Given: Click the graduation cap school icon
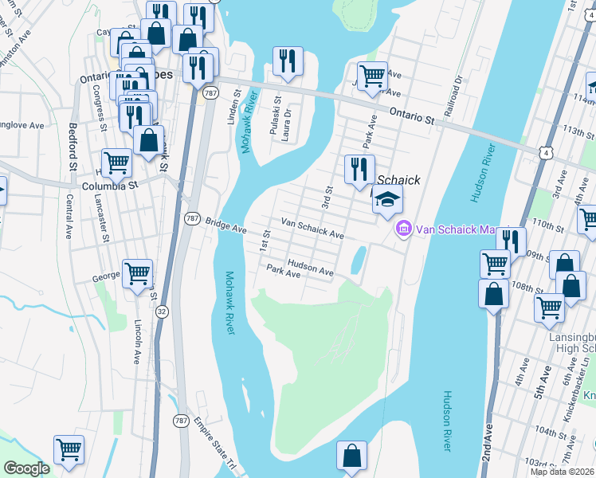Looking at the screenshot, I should tap(387, 201).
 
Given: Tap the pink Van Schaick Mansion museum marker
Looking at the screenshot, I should tap(403, 229).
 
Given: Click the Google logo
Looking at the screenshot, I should tap(26, 468).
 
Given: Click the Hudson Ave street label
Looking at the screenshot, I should tap(310, 271).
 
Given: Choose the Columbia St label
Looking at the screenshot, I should tap(110, 184).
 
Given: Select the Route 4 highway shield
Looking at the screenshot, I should tap(543, 151).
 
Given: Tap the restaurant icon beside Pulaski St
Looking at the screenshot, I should tap(287, 61).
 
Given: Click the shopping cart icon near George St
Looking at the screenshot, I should tap(137, 273).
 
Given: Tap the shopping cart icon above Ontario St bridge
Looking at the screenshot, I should tap(372, 77).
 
